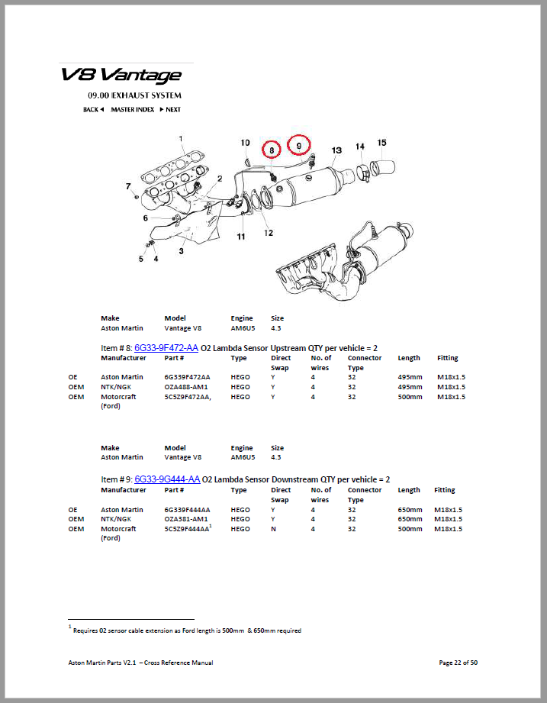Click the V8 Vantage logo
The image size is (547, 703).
(121, 76)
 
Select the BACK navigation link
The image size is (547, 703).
(93, 109)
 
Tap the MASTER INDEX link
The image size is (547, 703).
(133, 109)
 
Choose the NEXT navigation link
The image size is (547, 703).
(170, 109)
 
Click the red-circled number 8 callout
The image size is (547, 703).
(272, 150)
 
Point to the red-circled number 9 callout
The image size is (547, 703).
(299, 145)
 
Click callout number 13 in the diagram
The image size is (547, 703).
(336, 150)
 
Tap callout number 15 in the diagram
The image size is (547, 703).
(381, 143)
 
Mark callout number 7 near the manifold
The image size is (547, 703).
(128, 186)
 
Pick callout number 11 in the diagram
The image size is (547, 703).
(241, 237)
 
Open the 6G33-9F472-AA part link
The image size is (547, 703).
(166, 348)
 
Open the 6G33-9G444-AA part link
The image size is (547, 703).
(167, 479)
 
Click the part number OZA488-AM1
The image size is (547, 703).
(186, 387)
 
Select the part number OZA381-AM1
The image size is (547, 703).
(186, 519)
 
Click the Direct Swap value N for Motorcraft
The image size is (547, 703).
(273, 529)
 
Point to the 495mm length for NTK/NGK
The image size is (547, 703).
(410, 387)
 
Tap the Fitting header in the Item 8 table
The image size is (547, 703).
(448, 358)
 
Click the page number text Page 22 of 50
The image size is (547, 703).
(459, 663)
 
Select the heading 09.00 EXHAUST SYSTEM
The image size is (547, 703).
(134, 95)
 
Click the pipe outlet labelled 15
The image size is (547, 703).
(383, 167)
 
